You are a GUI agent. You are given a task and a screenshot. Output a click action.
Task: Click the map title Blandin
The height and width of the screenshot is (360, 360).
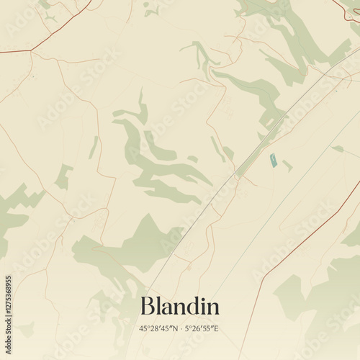pyautogui.click(x=180, y=306)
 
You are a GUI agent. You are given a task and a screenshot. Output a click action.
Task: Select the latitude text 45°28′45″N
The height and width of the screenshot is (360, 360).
pyautogui.click(x=158, y=328)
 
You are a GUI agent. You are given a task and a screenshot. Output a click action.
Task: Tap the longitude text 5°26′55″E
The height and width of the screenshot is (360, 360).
pyautogui.click(x=202, y=328)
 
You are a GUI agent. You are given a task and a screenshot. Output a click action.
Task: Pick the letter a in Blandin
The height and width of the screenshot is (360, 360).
pyautogui.click(x=167, y=308)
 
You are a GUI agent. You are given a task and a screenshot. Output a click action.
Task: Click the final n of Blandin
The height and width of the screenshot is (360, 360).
pyautogui.click(x=212, y=308)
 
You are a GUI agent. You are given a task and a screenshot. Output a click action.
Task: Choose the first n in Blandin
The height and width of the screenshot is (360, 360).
pyautogui.click(x=180, y=308)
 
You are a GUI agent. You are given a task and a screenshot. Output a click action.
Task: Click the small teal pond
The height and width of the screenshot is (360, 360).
pyautogui.click(x=273, y=161)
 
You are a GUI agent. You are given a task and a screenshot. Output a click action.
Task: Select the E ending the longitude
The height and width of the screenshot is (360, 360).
pyautogui.click(x=217, y=328)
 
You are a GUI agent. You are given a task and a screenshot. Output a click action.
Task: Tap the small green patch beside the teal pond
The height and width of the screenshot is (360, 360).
pyautogui.click(x=287, y=166)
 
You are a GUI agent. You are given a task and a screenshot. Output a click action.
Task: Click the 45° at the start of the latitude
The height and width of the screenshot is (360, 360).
pyautogui.click(x=144, y=328)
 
